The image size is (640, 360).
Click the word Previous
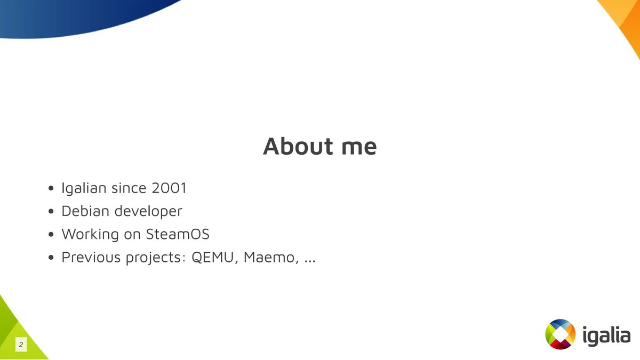click(90, 257)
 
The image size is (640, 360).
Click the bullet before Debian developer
click(51, 212)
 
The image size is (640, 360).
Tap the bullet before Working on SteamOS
click(51, 235)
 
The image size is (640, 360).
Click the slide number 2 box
click(21, 345)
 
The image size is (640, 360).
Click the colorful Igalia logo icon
click(561, 334)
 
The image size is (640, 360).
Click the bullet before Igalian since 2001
click(51, 188)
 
